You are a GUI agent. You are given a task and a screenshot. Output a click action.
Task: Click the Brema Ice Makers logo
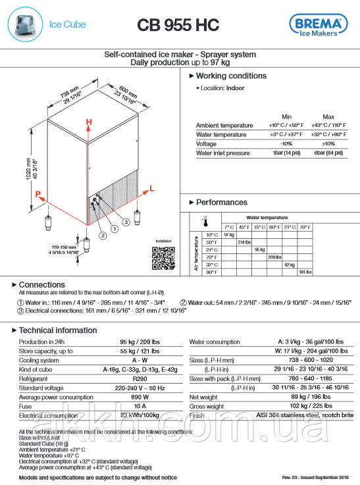coord(319,25)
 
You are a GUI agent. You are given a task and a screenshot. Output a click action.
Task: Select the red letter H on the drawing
coord(90,122)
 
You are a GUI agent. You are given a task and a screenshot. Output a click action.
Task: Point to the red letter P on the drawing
coord(38,194)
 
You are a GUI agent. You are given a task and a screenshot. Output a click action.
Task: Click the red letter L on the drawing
coord(153,188)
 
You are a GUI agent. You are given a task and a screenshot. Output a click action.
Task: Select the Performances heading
coord(221,202)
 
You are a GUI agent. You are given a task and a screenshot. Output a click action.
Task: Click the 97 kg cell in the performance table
coord(229,234)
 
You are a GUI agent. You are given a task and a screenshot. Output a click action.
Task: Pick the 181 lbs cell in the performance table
coord(305,272)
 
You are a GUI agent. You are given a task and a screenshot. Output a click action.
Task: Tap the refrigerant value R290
coord(140,379)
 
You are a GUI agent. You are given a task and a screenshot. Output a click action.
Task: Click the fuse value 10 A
coord(140,407)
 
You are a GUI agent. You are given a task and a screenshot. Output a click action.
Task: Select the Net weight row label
coord(203,397)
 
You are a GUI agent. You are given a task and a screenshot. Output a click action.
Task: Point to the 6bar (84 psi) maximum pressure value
coord(329,153)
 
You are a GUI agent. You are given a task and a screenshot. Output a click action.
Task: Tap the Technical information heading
coord(57,330)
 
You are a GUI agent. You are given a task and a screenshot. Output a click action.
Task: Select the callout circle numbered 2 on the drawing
coord(103,234)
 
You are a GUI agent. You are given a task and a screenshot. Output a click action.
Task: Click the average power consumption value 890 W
coord(140,397)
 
